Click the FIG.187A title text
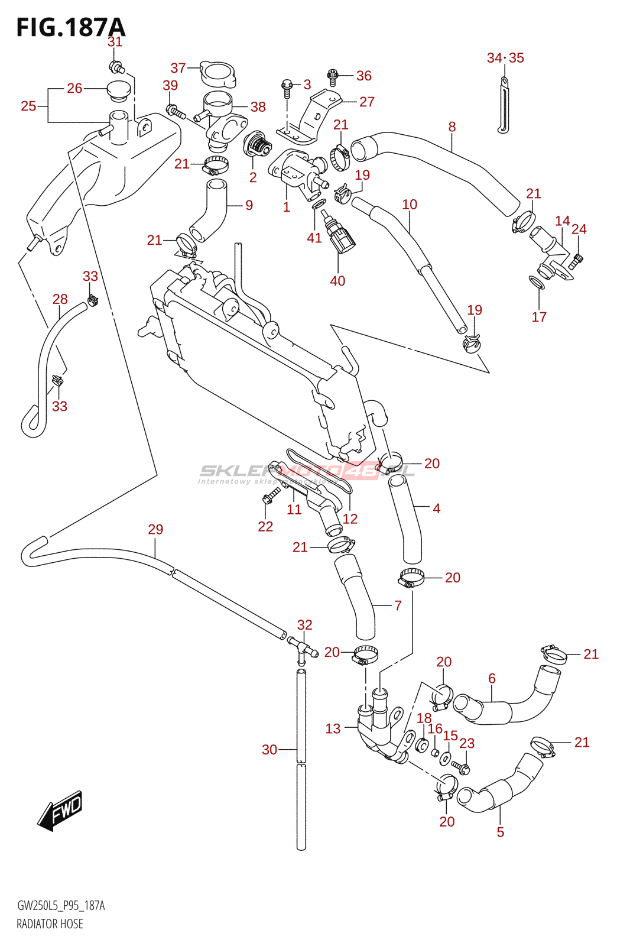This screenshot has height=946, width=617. click(71, 27)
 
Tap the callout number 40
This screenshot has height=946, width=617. click(337, 281)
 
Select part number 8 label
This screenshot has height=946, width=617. click(452, 127)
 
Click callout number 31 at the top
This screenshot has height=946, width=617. click(115, 42)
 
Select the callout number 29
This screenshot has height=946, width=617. click(155, 529)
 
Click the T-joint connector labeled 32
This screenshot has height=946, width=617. click(303, 647)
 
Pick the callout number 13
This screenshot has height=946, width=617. click(333, 728)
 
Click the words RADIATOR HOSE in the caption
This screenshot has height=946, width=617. click(50, 924)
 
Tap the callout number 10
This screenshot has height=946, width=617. click(410, 205)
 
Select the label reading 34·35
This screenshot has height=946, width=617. click(505, 58)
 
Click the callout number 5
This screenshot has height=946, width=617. click(501, 832)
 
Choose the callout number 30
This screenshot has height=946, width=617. click(269, 750)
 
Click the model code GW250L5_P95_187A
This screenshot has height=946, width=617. click(61, 906)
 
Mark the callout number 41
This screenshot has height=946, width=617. click(314, 238)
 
